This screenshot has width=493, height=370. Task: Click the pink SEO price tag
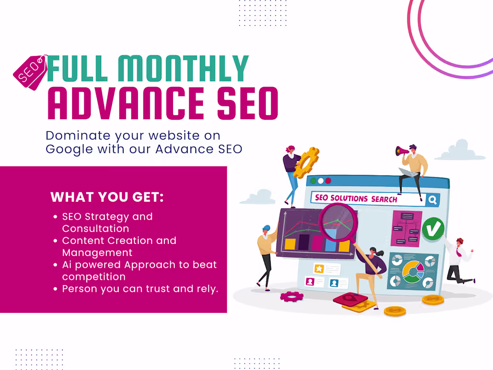(30, 72)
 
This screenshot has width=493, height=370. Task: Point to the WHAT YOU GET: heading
(107, 197)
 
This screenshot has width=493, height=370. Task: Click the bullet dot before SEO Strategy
(55, 217)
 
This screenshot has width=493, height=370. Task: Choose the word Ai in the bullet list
(68, 265)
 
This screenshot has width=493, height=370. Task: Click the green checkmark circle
(433, 228)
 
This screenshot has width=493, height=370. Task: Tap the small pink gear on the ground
(292, 296)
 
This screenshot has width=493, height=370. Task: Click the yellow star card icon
(319, 269)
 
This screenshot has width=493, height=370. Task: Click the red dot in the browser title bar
(328, 181)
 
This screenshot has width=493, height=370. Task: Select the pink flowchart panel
(406, 228)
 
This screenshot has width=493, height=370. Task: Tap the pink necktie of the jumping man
(459, 252)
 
